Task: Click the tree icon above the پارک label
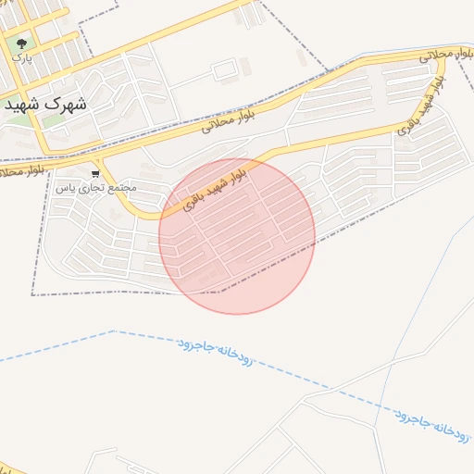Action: point(20,43)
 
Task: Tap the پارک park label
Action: point(21,57)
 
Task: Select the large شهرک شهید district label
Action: point(45,104)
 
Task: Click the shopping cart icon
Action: point(95,173)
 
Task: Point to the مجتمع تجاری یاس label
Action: point(95,187)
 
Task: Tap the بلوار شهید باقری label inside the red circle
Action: point(214,186)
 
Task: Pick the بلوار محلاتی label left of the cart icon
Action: point(22,171)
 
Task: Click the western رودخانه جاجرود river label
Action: point(215,351)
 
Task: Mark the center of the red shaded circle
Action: point(237,236)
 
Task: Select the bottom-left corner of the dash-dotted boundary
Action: point(32,294)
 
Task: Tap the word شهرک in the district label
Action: point(69,104)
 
